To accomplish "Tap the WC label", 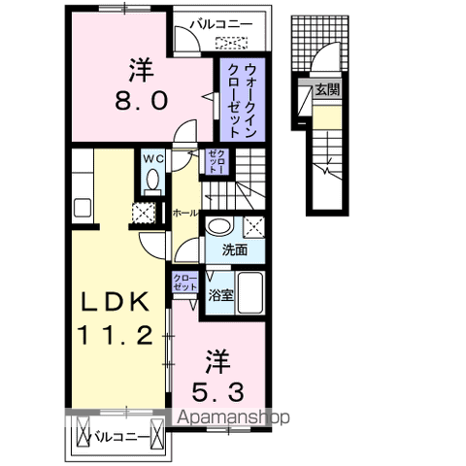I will click(x=152, y=158).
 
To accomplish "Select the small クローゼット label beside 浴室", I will click(x=183, y=283).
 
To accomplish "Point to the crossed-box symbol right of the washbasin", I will click(x=255, y=227).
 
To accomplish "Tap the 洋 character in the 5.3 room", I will click(x=216, y=360).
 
